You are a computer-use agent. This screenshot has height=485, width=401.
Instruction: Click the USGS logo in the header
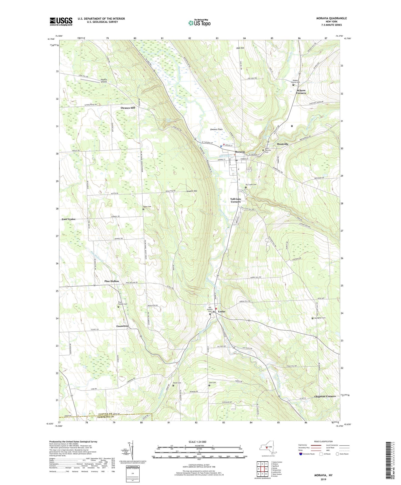61,21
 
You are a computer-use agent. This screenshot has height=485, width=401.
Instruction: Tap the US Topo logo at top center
200,23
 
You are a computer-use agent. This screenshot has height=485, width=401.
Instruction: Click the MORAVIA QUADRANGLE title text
331,18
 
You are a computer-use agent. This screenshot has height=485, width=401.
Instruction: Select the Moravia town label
240,152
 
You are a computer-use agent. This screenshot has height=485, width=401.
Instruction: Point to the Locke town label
221,311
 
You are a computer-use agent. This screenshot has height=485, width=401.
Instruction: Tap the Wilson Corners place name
301,92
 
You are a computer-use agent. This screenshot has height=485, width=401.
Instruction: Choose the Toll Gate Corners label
236,200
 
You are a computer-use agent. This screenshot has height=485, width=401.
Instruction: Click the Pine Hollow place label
112,281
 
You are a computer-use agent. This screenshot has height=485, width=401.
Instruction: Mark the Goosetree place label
122,326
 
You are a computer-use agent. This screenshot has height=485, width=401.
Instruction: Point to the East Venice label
69,219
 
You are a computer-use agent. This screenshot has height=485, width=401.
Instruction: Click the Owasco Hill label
128,108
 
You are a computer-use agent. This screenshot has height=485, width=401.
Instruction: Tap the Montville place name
283,144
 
